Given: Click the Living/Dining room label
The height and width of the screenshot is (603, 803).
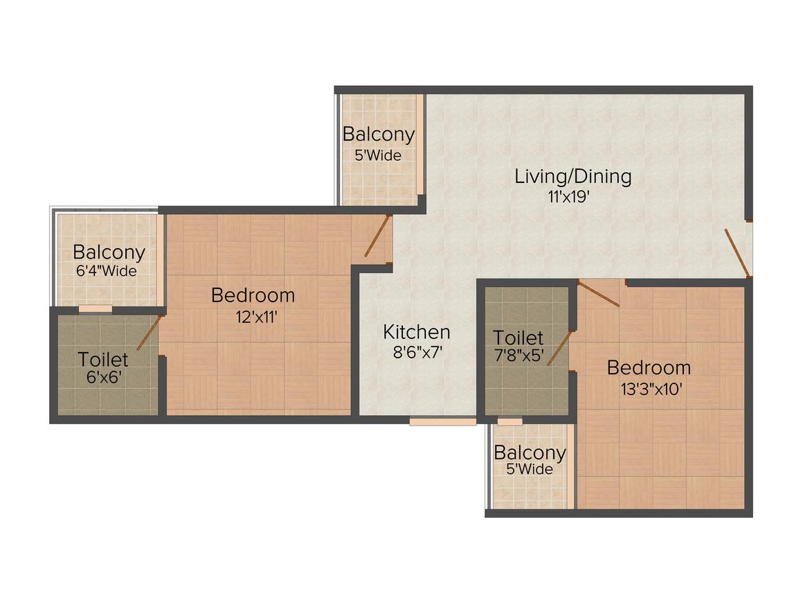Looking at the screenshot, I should [x=572, y=176].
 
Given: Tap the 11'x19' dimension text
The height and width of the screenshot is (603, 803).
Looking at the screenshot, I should [x=569, y=197].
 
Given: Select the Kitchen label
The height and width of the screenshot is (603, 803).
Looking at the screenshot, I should [x=417, y=332].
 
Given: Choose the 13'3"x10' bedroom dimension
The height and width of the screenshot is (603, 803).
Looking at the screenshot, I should [x=649, y=389].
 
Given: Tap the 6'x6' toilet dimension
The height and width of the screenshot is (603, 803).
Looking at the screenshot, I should [x=103, y=379].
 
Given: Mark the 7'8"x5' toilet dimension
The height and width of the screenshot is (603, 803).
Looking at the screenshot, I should [x=518, y=358].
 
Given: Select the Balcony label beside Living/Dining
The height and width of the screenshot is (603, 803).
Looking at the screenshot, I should [x=379, y=134].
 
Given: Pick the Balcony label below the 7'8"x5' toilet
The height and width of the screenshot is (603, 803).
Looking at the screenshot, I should [x=530, y=453].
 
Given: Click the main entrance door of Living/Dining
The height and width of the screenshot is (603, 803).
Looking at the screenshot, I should [x=737, y=252].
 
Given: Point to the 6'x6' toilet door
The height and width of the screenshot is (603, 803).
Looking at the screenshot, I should [x=149, y=333].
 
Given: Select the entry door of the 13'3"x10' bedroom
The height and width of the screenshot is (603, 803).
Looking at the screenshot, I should [x=599, y=294].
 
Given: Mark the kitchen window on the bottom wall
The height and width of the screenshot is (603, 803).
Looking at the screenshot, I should [x=442, y=421].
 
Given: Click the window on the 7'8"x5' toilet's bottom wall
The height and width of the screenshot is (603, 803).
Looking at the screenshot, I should [x=510, y=421].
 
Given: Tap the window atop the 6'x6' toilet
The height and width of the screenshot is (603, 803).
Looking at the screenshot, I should [x=95, y=308].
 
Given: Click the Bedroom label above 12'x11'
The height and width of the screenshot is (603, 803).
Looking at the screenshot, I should [x=253, y=296].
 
